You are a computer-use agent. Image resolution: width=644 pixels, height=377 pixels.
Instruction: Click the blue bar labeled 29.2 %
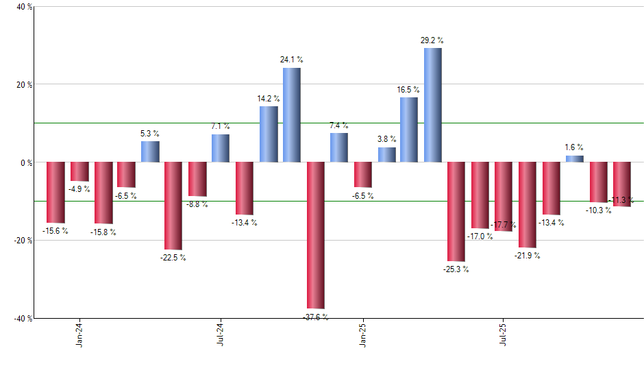[432, 105]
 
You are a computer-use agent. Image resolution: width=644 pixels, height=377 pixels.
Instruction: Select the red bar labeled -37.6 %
[315, 235]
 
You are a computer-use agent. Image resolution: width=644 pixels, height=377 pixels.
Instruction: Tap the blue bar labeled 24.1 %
[291, 115]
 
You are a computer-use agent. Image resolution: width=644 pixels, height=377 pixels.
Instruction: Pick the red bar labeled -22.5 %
[173, 206]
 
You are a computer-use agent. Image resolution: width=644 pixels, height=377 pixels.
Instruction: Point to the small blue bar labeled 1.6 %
[574, 159]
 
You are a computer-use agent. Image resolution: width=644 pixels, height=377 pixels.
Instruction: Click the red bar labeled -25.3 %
[456, 211]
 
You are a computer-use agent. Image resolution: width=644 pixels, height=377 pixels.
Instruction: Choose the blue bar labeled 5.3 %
[150, 151]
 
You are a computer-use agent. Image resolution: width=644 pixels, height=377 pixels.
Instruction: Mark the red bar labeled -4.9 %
[79, 171]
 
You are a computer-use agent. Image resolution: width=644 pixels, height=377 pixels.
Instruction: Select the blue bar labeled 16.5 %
[408, 130]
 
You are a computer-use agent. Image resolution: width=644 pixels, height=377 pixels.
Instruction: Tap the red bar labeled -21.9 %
[527, 204]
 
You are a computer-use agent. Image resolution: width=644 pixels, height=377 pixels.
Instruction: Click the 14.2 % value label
[268, 99]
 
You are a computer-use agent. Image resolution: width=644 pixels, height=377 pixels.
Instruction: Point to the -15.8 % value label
[103, 232]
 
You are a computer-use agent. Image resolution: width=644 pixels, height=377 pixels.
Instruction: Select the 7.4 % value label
[338, 125]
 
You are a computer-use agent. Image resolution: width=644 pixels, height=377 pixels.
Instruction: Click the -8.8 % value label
[197, 204]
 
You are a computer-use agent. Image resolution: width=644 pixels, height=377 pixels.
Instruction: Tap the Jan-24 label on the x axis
[79, 333]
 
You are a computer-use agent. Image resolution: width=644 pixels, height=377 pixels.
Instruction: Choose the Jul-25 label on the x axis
[503, 333]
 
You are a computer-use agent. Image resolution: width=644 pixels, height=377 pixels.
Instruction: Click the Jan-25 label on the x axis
[362, 333]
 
